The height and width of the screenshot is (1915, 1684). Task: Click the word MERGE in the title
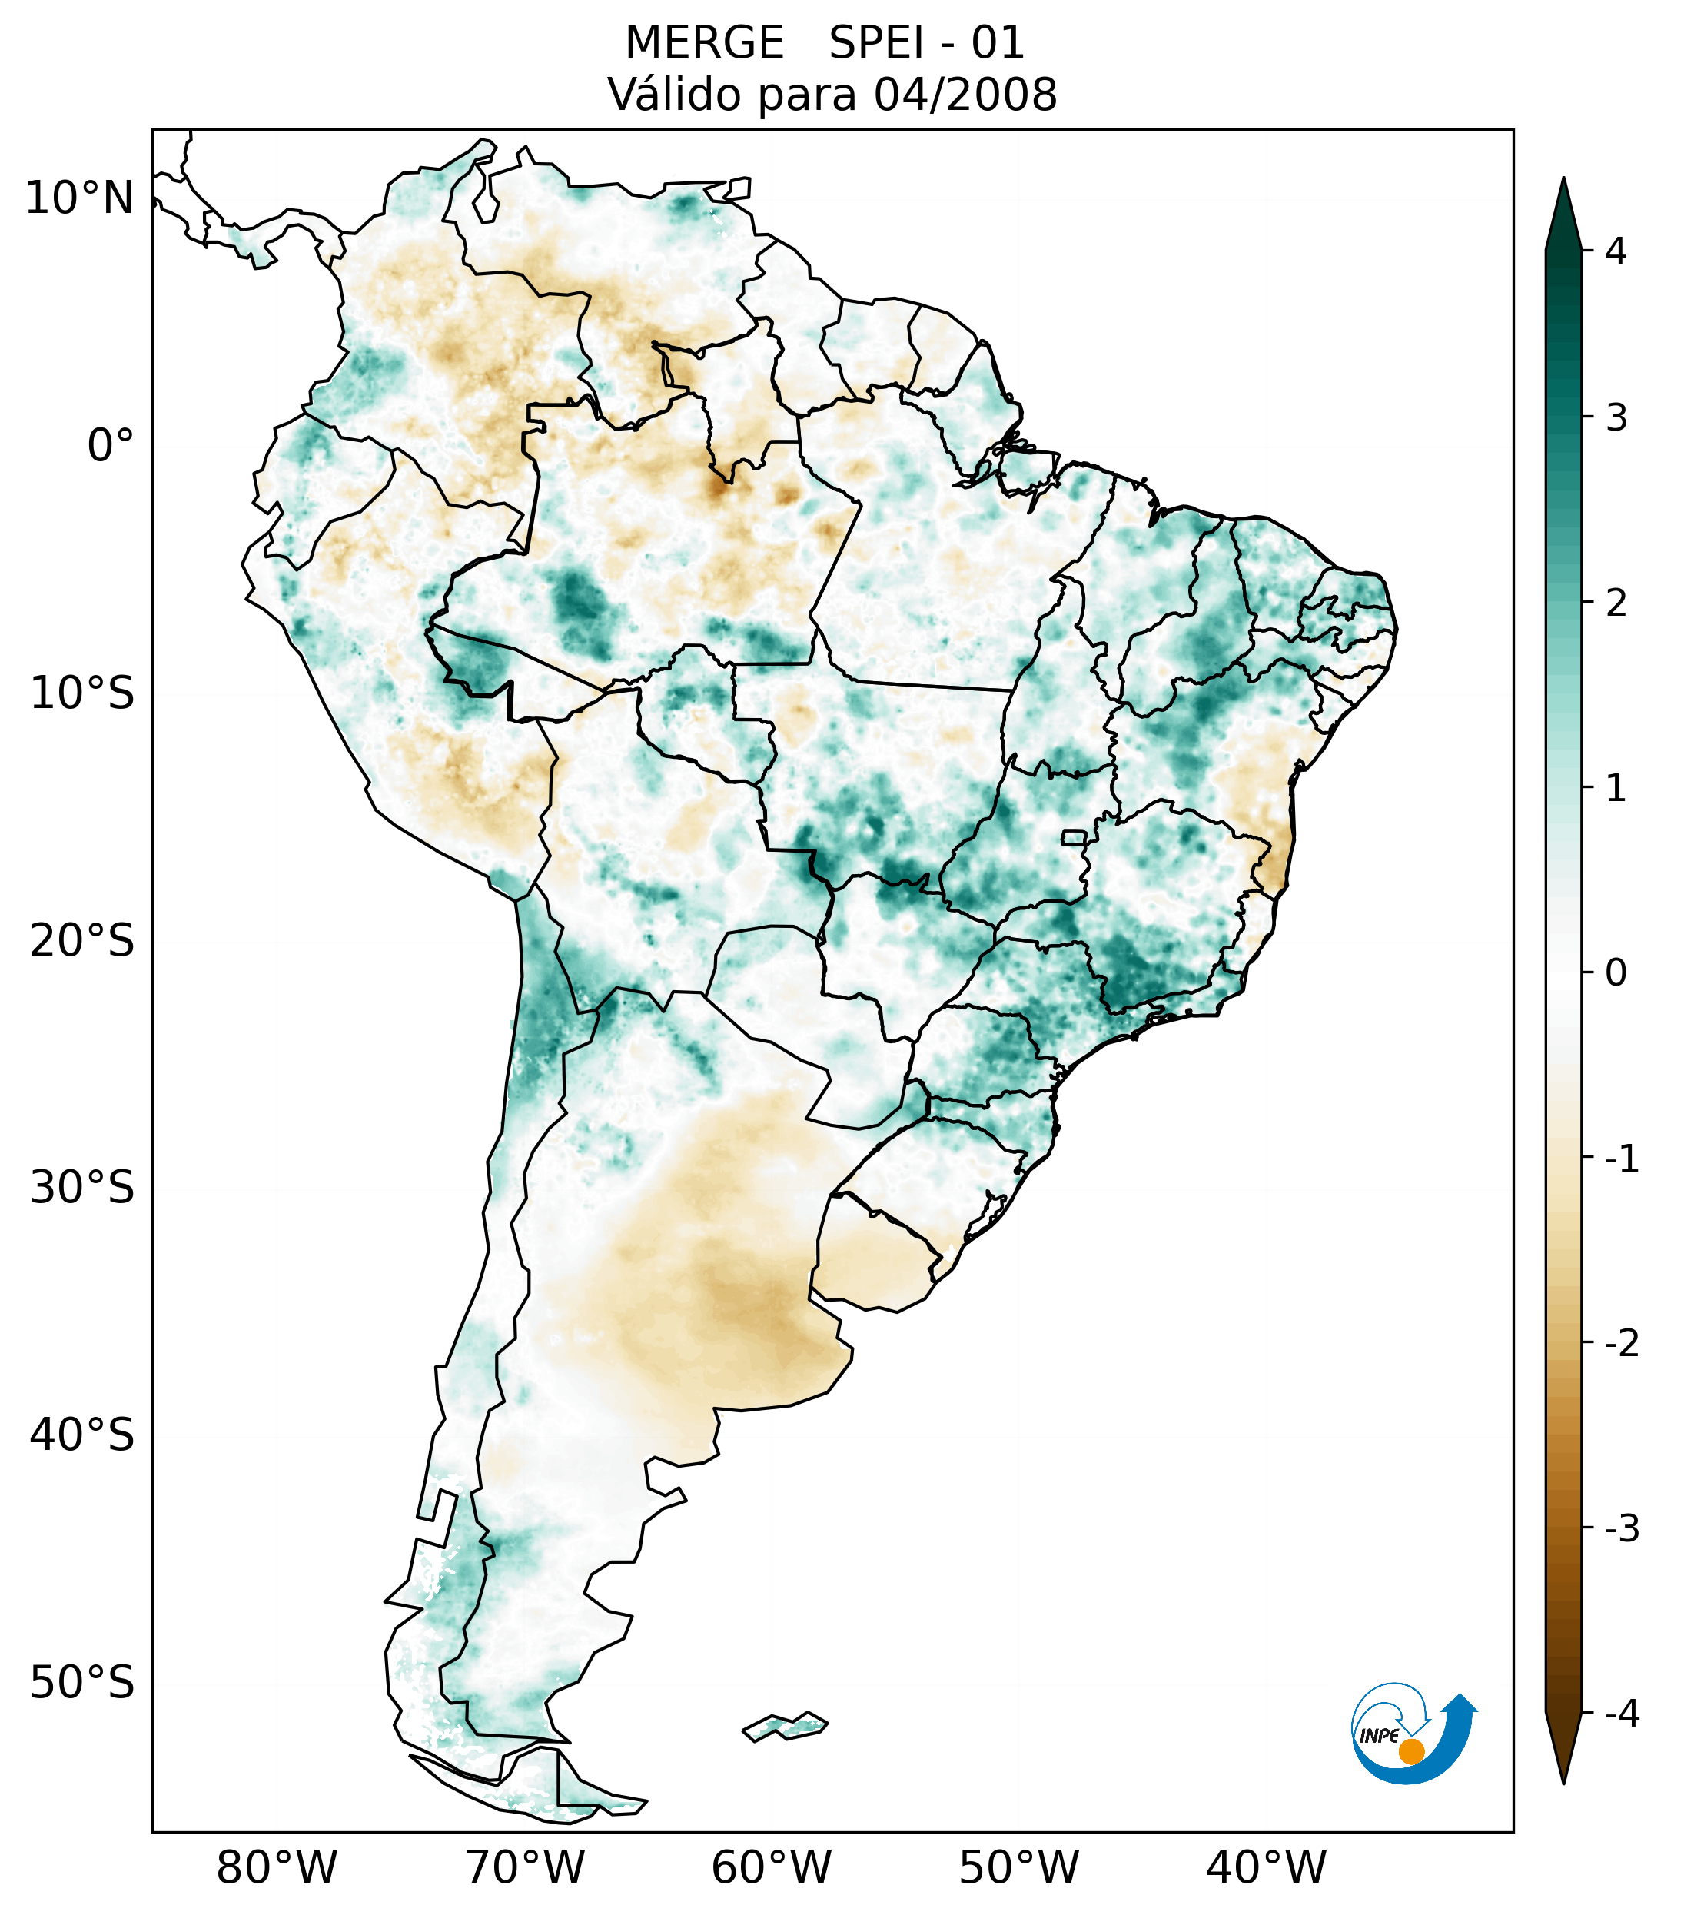(x=704, y=43)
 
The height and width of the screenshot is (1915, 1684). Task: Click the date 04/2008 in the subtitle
(x=965, y=95)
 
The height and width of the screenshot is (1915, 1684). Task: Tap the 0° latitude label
(x=111, y=446)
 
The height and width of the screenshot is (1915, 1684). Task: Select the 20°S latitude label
(x=82, y=941)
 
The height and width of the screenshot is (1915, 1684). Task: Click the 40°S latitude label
(x=82, y=1435)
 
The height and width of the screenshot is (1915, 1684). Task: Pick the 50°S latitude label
(x=82, y=1683)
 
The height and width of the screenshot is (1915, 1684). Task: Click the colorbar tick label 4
(x=1616, y=251)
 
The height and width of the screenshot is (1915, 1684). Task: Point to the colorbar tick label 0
(x=1616, y=973)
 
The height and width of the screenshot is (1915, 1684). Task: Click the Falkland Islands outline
(x=785, y=1726)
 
